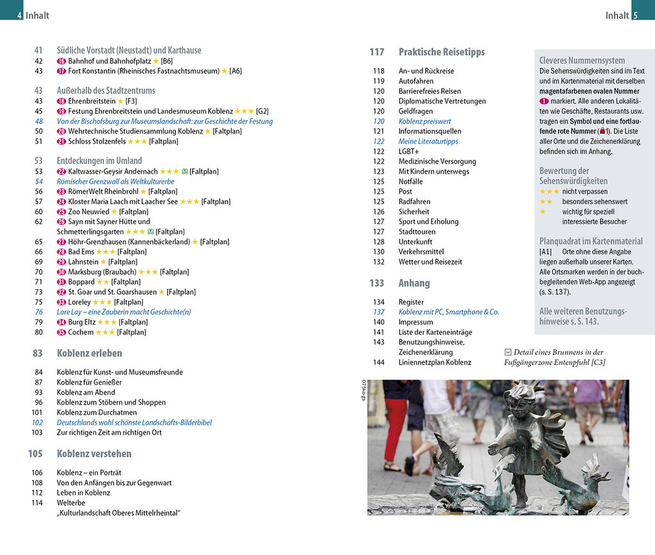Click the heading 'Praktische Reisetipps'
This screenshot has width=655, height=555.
(x=441, y=52)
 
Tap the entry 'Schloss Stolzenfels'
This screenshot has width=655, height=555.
(x=96, y=141)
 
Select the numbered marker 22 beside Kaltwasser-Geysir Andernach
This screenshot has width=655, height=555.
(x=62, y=172)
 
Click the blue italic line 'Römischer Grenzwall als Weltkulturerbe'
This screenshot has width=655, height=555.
(x=116, y=182)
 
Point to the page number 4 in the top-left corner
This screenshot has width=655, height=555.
(x=20, y=15)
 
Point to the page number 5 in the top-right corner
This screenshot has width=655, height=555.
(x=635, y=15)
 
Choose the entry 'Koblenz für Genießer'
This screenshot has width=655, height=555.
(x=89, y=382)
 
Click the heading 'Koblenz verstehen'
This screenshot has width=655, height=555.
(x=94, y=454)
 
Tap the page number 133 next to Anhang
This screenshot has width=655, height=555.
(x=376, y=283)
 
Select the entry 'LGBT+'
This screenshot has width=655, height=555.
(x=408, y=152)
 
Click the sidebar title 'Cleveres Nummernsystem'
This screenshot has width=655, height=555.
(x=582, y=60)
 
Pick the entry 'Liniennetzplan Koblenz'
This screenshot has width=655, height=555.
(x=435, y=362)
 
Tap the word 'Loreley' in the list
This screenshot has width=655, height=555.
(x=80, y=302)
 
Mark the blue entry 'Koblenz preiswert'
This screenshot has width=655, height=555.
(x=424, y=121)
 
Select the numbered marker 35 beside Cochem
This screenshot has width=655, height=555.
(x=62, y=332)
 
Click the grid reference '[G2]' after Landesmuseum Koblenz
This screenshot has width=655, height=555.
(x=262, y=111)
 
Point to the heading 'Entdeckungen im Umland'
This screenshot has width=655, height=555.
(x=99, y=161)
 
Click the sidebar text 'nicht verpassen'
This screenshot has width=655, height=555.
(x=584, y=191)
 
